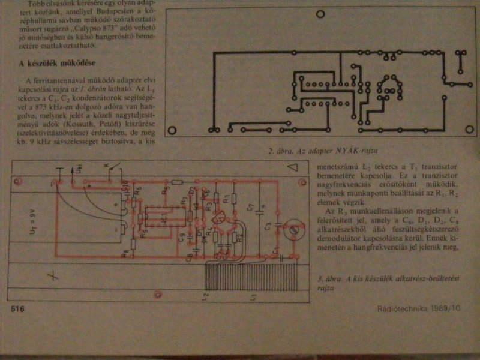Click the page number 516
click(16, 308)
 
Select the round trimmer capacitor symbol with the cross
click(293, 230)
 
